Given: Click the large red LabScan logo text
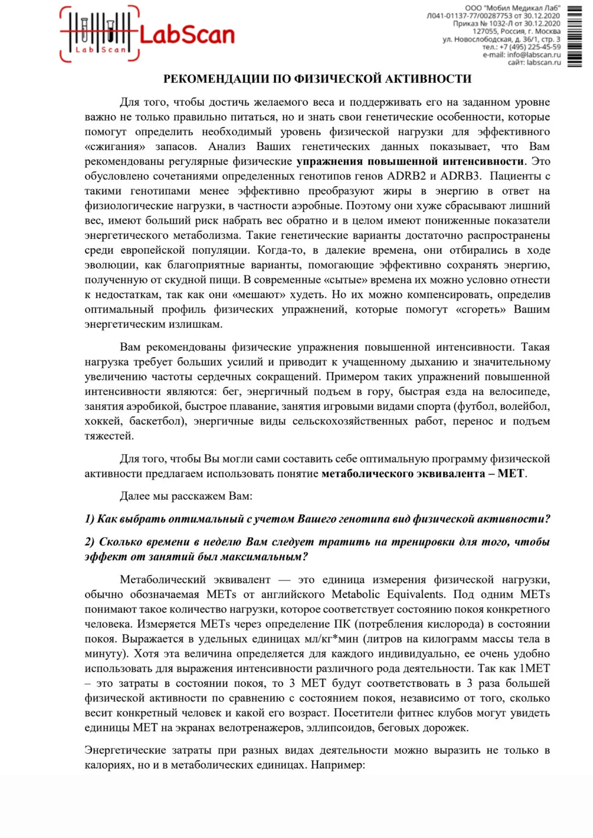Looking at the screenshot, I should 187,35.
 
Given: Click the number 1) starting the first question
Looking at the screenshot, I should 90,519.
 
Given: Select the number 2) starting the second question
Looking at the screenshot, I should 90,541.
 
